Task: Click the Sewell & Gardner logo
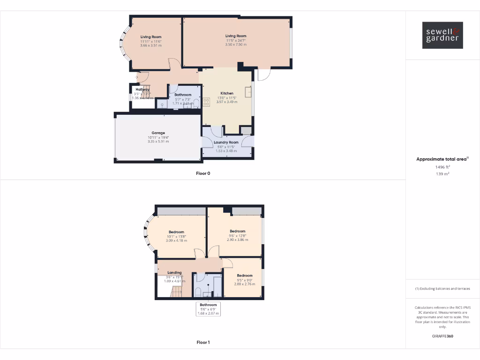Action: click(x=442, y=35)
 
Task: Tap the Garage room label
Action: click(x=158, y=133)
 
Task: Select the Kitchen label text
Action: click(x=227, y=93)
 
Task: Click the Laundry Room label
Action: click(x=226, y=142)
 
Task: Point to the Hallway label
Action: click(x=142, y=89)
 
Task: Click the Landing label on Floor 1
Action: click(x=174, y=272)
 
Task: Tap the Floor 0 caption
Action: click(x=203, y=173)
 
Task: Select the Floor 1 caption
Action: click(x=203, y=342)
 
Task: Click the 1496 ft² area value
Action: click(x=442, y=166)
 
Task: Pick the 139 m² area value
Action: click(x=442, y=174)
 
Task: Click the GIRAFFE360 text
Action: click(x=442, y=336)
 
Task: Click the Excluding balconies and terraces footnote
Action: click(x=442, y=289)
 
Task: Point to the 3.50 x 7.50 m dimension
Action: click(x=236, y=45)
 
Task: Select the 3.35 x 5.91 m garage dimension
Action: click(x=158, y=141)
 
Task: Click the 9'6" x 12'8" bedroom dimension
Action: click(x=237, y=235)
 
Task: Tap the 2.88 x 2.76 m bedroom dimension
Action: click(x=245, y=284)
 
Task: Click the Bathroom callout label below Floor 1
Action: click(x=208, y=305)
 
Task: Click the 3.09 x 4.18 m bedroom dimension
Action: click(x=176, y=240)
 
